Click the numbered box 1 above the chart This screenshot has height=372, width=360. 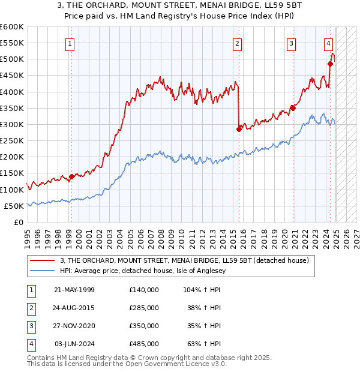(x=71, y=43)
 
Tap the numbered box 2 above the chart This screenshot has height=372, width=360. (x=238, y=43)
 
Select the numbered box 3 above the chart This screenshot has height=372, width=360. (x=291, y=43)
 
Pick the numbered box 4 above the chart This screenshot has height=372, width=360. (x=329, y=43)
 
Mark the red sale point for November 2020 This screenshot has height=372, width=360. (x=293, y=108)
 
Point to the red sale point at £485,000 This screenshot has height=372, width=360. (x=331, y=64)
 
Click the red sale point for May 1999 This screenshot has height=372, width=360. (x=71, y=176)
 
